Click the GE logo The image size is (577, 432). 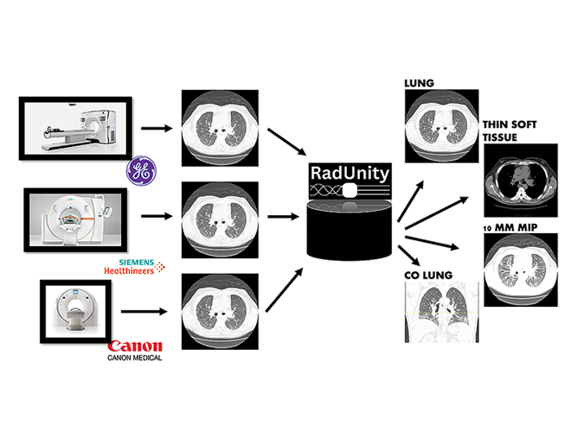140,171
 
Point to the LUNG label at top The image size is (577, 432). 420,84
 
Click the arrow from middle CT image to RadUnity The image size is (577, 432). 281,219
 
